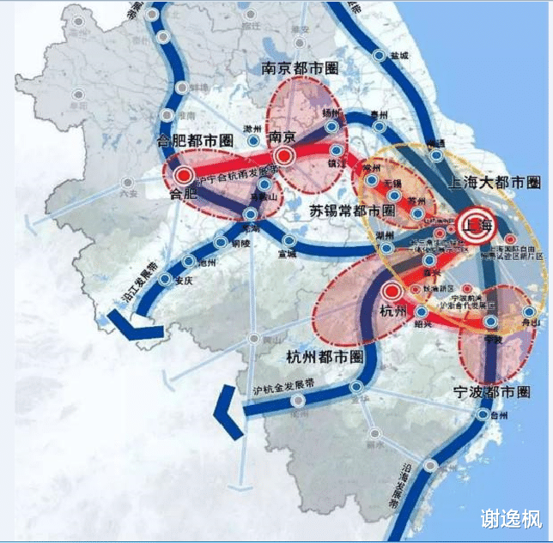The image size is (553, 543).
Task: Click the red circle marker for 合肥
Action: [x=182, y=175]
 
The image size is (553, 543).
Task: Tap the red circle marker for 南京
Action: [x=284, y=156]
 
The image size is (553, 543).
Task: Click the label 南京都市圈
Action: [x=299, y=68]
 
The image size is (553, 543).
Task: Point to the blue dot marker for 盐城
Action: [x=380, y=55]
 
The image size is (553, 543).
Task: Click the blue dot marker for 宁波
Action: [x=490, y=323]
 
